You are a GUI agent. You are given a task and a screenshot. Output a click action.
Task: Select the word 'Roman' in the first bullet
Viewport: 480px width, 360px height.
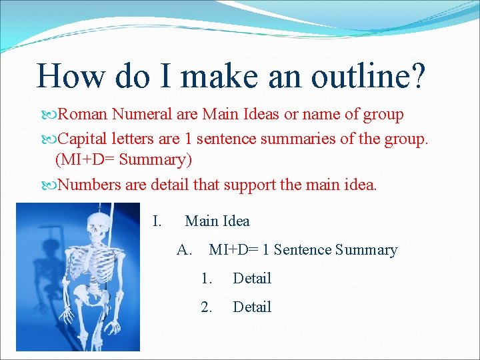click(x=83, y=115)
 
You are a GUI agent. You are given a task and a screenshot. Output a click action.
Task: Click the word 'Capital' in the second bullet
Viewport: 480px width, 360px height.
click(x=83, y=138)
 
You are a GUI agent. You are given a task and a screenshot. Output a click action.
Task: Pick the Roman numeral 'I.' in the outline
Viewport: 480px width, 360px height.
click(x=157, y=221)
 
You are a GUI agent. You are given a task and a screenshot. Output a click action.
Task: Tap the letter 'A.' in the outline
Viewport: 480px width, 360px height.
click(x=185, y=250)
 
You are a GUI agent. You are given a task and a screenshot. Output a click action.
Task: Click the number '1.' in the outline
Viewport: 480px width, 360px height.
click(x=207, y=278)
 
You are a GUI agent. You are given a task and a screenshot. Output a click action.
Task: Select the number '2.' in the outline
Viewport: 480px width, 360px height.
click(x=207, y=307)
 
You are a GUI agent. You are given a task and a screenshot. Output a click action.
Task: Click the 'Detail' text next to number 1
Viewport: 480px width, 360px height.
click(x=252, y=278)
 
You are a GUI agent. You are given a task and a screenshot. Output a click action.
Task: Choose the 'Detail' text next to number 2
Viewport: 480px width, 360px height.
click(x=252, y=307)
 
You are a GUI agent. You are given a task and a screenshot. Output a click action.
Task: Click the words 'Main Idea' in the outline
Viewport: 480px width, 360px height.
click(x=217, y=221)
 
